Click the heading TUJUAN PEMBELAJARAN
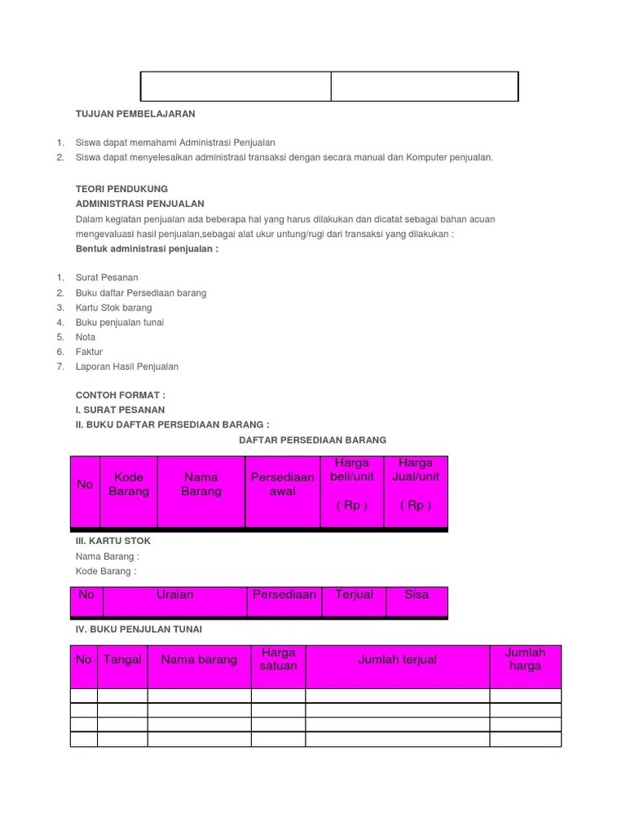click(135, 114)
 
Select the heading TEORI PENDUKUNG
click(121, 189)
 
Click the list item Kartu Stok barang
click(113, 308)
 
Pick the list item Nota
click(86, 337)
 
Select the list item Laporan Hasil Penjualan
click(126, 367)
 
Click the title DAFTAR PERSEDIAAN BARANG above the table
click(312, 440)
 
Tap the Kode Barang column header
click(129, 485)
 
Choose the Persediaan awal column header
click(283, 485)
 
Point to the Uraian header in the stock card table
click(175, 595)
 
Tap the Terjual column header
click(354, 595)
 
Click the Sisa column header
click(417, 595)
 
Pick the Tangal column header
click(122, 660)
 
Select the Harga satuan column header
click(278, 659)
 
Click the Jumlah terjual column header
click(398, 660)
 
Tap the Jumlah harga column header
click(525, 659)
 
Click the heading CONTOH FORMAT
click(120, 395)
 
